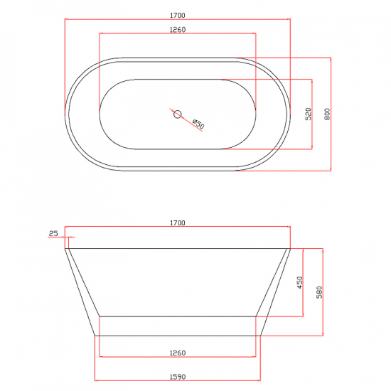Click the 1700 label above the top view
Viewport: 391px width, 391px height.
click(x=178, y=16)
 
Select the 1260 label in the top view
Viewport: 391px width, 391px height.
click(x=178, y=30)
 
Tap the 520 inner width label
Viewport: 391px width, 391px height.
click(x=309, y=114)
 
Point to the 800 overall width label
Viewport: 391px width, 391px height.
click(x=327, y=114)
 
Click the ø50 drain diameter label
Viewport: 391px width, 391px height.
click(x=198, y=124)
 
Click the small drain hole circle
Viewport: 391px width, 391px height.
click(x=177, y=114)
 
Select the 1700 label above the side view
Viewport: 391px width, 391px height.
click(x=178, y=223)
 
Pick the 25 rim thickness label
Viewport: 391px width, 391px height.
click(x=53, y=233)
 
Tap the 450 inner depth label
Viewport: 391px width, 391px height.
click(x=300, y=282)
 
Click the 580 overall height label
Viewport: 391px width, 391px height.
click(x=319, y=292)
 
